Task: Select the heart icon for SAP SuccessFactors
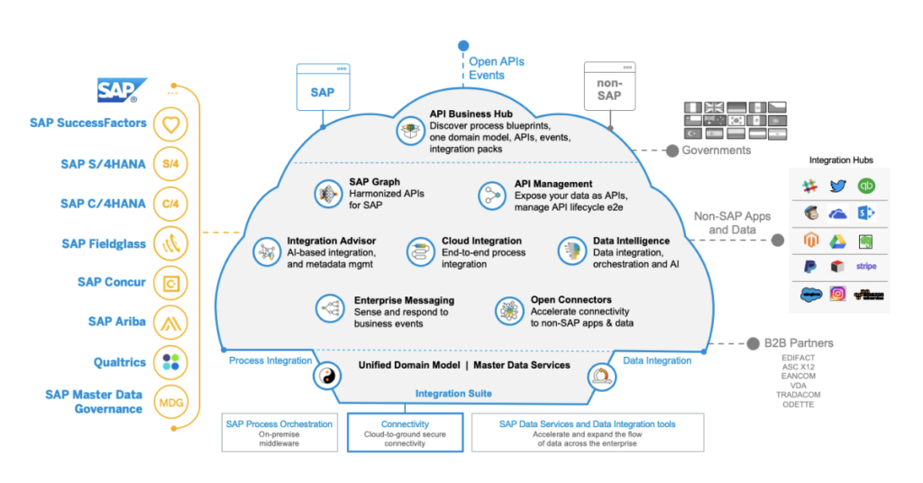170,124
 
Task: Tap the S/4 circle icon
170,164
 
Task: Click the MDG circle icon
170,401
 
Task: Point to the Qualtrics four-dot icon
170,361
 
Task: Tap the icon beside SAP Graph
326,193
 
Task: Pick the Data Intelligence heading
630,241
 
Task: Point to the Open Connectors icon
508,311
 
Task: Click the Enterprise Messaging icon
329,308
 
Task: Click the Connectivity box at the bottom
405,432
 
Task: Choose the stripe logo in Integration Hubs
866,267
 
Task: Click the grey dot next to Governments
672,150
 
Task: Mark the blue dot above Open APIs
463,45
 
